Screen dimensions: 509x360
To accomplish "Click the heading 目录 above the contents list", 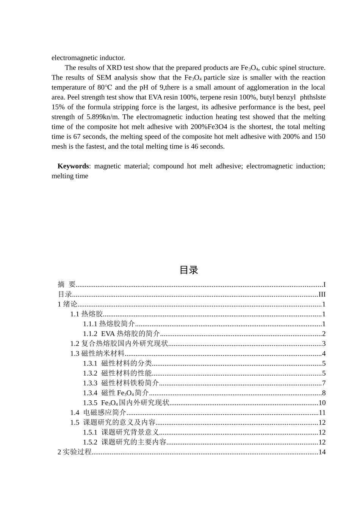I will tap(188, 270).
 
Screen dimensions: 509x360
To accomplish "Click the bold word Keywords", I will tap(73, 166).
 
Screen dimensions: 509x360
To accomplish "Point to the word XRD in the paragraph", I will tap(114, 68).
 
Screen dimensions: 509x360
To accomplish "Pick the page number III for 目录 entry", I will tap(322, 294).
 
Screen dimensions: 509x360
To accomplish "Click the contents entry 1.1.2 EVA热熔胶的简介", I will tap(121, 334).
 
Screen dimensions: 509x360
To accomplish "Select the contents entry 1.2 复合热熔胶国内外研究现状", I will tap(119, 343).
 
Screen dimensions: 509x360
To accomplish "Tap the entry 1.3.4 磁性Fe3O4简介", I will tap(116, 393).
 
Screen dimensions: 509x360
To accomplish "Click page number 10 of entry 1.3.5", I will tap(322, 403).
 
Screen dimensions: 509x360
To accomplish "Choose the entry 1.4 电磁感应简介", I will tap(98, 412).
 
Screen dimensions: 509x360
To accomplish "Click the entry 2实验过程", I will tap(74, 452).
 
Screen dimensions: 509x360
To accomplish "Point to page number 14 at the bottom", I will tap(322, 452).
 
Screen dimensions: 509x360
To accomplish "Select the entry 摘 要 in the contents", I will tap(67, 284).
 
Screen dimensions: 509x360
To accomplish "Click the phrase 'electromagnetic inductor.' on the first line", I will tap(88, 58).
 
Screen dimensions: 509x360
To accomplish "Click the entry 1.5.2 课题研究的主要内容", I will tap(125, 442).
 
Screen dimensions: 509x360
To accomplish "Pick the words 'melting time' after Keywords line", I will tap(70, 176).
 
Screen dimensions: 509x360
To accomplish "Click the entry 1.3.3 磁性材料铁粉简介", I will tap(121, 383).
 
